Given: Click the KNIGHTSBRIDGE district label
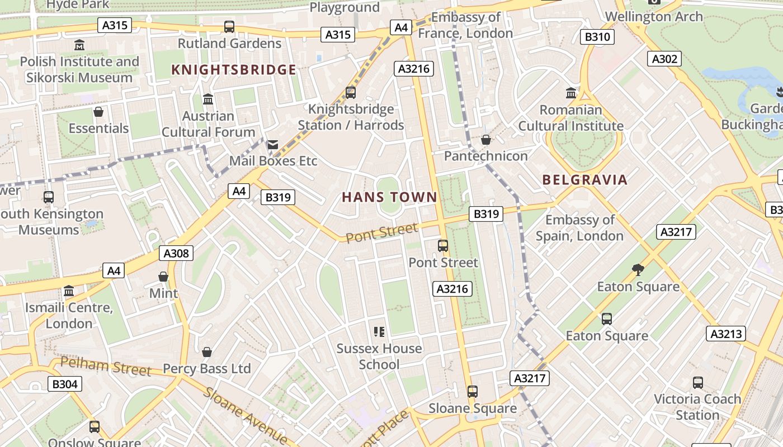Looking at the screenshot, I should tap(233, 70).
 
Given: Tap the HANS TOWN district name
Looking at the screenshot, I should tap(389, 197).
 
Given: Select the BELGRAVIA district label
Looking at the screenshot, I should tap(585, 180).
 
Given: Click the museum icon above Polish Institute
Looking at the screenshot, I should tap(79, 45).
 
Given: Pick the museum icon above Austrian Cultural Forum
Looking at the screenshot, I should tap(208, 99).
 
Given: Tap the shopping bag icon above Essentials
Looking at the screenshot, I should tap(98, 112).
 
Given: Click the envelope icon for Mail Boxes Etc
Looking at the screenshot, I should tap(273, 145).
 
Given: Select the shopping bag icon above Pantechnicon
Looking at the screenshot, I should tap(485, 140).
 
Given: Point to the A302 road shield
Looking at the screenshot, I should tap(665, 59).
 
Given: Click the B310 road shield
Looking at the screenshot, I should tap(597, 37).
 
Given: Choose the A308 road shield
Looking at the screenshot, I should tap(176, 253).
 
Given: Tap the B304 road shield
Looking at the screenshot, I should tap(65, 384).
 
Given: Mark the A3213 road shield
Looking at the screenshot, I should tap(726, 334).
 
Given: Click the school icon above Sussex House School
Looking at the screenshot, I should tap(379, 332).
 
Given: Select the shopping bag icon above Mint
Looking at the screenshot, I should tap(163, 277).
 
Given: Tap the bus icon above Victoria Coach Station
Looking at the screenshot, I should tap(698, 383).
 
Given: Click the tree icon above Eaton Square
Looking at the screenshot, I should tap(638, 270).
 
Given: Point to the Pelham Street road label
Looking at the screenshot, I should tap(106, 367).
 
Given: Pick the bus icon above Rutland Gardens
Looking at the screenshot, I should tap(229, 26).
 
